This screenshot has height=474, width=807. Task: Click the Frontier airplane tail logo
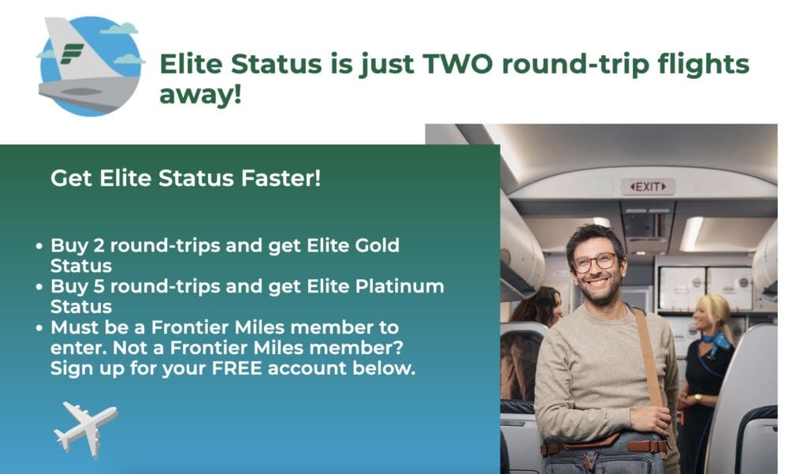[89, 65]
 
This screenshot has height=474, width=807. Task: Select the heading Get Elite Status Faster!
[186, 178]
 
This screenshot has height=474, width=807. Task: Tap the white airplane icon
[85, 427]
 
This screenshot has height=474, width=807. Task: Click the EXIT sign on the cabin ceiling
[648, 187]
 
